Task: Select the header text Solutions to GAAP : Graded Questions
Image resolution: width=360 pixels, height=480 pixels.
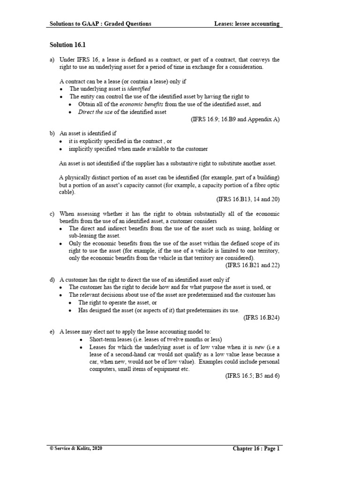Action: coord(100,24)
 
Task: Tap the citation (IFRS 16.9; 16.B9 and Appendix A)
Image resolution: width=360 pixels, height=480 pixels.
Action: coord(235,120)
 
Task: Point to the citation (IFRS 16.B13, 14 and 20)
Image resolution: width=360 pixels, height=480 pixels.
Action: coord(248,199)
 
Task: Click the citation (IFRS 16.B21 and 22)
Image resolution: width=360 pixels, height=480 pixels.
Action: coord(253,265)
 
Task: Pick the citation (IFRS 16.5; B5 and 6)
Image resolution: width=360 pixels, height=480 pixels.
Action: coord(252,376)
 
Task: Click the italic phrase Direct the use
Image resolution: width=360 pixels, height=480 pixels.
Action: coord(94,112)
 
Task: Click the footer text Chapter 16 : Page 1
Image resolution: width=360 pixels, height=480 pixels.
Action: coord(256,449)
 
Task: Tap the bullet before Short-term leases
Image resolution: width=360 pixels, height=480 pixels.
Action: coord(82,339)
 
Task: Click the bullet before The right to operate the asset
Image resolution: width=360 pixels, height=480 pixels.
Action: coord(70,303)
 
